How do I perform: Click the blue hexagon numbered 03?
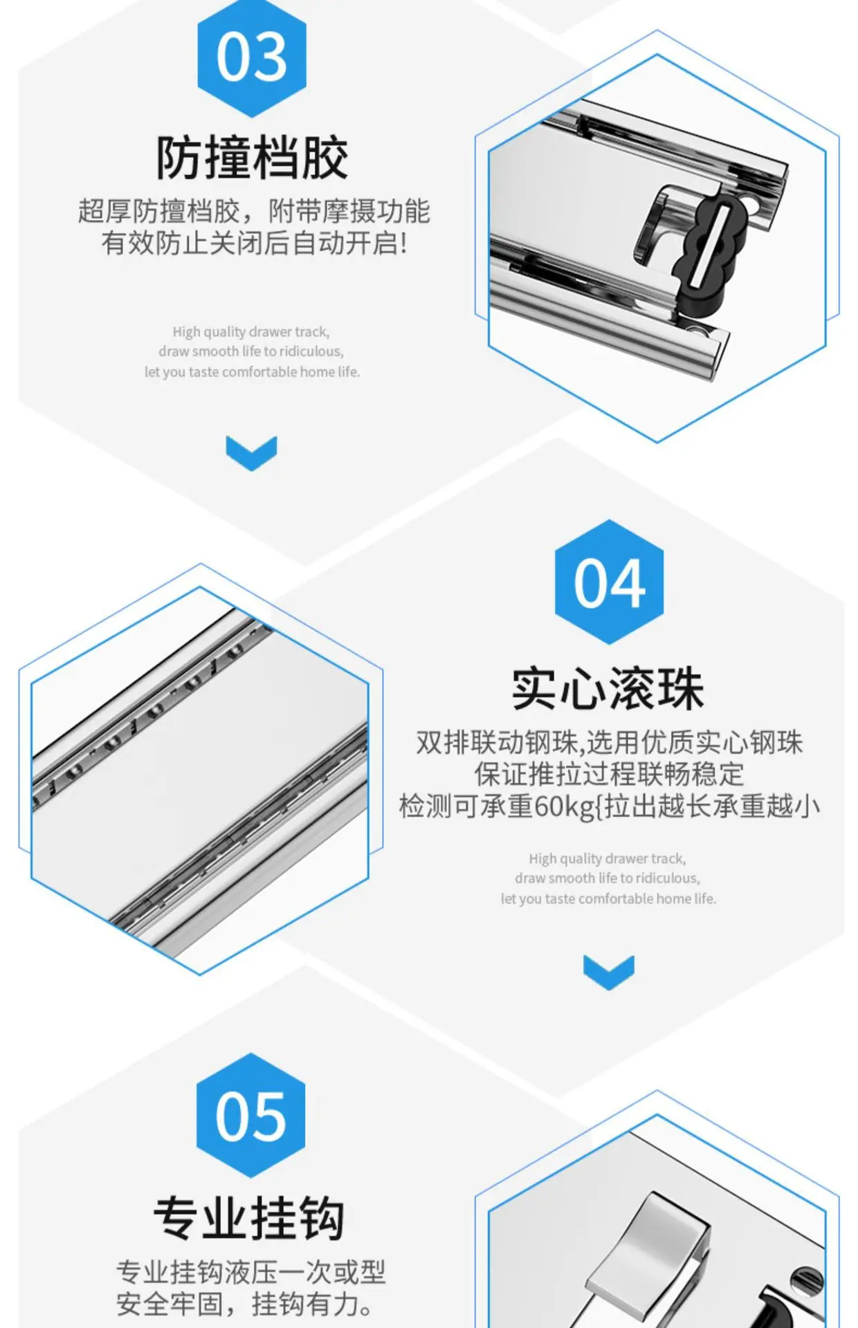pos(252,58)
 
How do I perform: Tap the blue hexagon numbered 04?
pos(610,582)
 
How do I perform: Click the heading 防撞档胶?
pos(252,158)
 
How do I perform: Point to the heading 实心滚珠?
pos(608,689)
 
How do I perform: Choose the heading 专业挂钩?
pos(249,1218)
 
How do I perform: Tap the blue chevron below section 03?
pos(251,453)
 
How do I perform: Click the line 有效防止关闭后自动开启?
pos(255,243)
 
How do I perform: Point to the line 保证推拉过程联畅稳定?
pos(609,774)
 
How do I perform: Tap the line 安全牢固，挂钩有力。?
pos(246,1304)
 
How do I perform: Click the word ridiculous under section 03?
pos(311,351)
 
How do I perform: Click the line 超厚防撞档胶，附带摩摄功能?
pos(254,211)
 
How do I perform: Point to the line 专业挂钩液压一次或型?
pos(250,1272)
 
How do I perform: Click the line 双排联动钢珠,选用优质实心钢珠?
pos(609,742)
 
